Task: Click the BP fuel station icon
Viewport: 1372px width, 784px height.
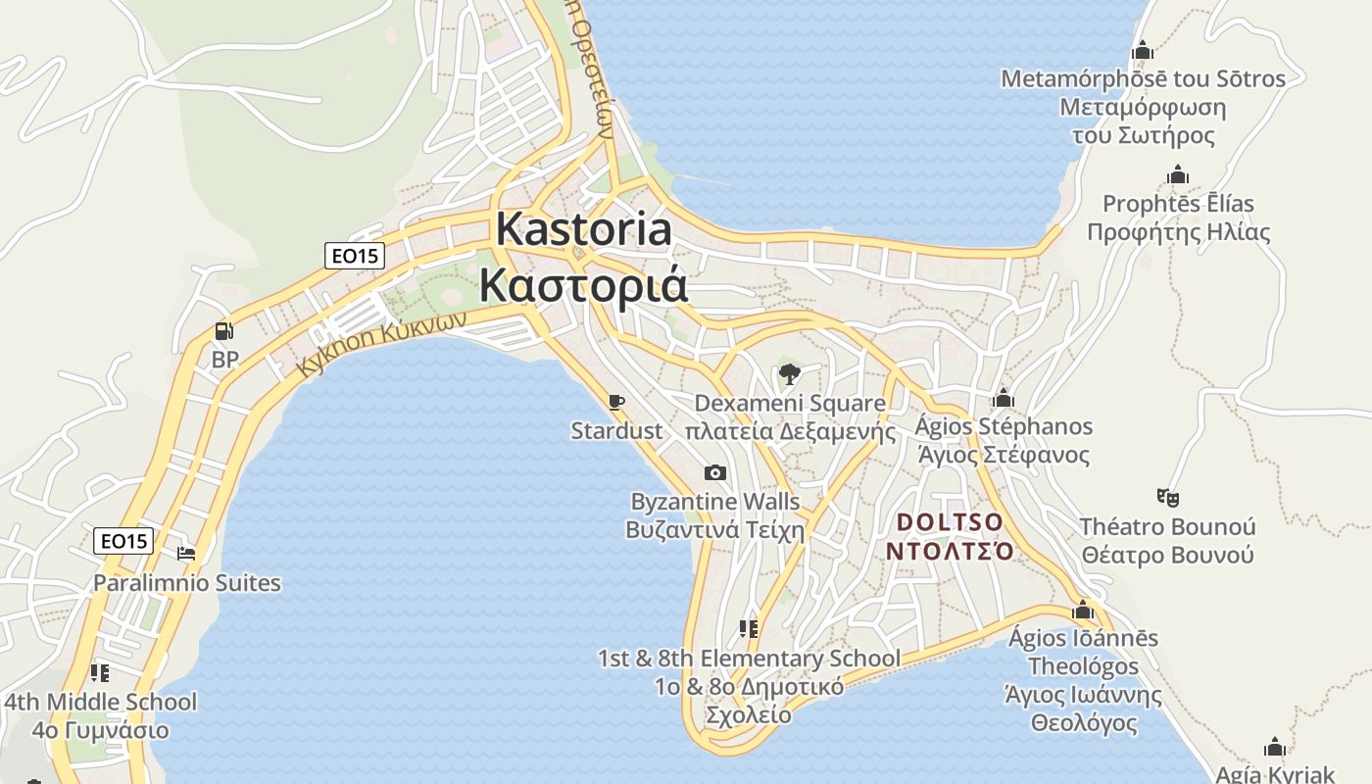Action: pyautogui.click(x=224, y=332)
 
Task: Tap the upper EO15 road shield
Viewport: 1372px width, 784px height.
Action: pyautogui.click(x=355, y=256)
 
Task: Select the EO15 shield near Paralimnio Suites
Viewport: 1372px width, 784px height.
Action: pyautogui.click(x=124, y=540)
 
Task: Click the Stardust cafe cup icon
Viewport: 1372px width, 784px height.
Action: pyautogui.click(x=615, y=402)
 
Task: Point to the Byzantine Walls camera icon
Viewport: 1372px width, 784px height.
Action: pyautogui.click(x=715, y=473)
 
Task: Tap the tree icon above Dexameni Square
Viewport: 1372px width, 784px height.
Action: pyautogui.click(x=789, y=374)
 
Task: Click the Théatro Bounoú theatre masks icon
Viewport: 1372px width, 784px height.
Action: pyautogui.click(x=1167, y=498)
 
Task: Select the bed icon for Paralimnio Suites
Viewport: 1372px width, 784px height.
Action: pyautogui.click(x=186, y=554)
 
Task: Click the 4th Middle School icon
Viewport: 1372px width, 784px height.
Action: pyautogui.click(x=99, y=673)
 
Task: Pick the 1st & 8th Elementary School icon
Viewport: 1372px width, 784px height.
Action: pyautogui.click(x=749, y=629)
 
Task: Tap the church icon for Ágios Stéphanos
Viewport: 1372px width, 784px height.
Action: pyautogui.click(x=1003, y=399)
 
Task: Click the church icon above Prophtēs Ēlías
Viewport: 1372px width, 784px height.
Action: pyautogui.click(x=1178, y=176)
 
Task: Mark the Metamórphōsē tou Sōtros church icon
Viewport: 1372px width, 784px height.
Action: pyautogui.click(x=1143, y=51)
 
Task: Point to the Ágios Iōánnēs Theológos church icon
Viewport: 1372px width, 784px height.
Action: pyautogui.click(x=1083, y=611)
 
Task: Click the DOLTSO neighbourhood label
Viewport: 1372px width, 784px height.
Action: pyautogui.click(x=950, y=521)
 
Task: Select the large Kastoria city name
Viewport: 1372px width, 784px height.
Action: pyautogui.click(x=584, y=230)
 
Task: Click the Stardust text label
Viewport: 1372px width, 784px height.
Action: pyautogui.click(x=616, y=431)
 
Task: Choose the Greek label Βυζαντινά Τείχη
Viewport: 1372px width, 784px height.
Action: pyautogui.click(x=714, y=531)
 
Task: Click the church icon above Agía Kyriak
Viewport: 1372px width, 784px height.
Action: pyautogui.click(x=1275, y=748)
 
